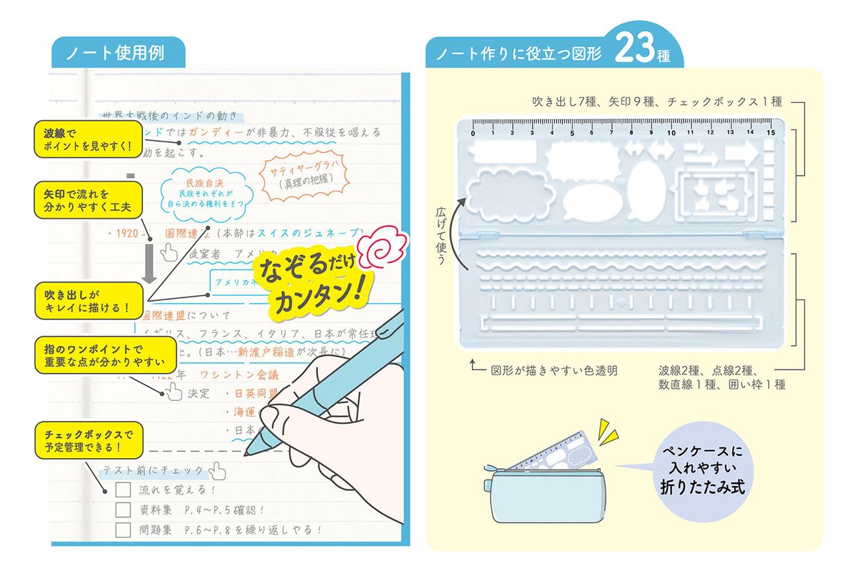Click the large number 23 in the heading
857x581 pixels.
pos(631,51)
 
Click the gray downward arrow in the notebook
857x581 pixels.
pos(149,265)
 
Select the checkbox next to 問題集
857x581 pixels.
pos(123,530)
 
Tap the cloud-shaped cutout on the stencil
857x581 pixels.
pos(510,194)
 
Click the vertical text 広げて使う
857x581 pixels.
pos(441,237)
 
